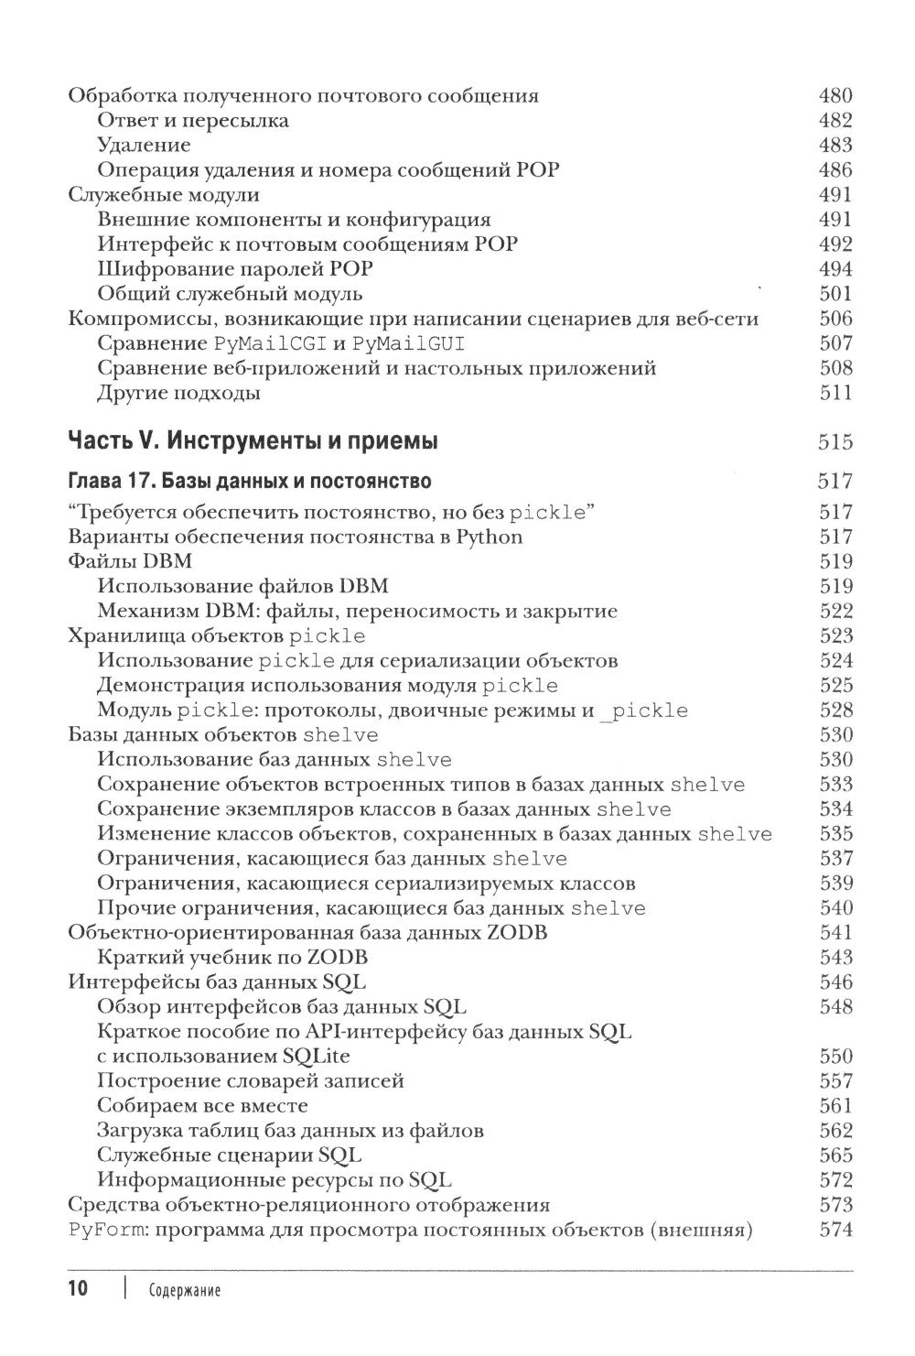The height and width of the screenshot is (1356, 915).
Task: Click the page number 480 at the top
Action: pyautogui.click(x=834, y=95)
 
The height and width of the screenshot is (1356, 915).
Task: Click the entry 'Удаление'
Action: pyautogui.click(x=144, y=145)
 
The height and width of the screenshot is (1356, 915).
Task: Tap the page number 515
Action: pyautogui.click(x=834, y=443)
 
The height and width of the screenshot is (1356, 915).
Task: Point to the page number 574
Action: pyautogui.click(x=834, y=1230)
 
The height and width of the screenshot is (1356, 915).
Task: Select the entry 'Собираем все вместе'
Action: pyautogui.click(x=202, y=1106)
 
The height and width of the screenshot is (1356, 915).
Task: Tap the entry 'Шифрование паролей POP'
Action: pyautogui.click(x=235, y=269)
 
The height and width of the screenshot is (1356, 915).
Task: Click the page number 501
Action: pyautogui.click(x=834, y=294)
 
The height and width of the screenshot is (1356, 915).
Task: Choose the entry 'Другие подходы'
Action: pyautogui.click(x=178, y=393)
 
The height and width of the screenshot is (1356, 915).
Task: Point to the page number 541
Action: pyautogui.click(x=834, y=933)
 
